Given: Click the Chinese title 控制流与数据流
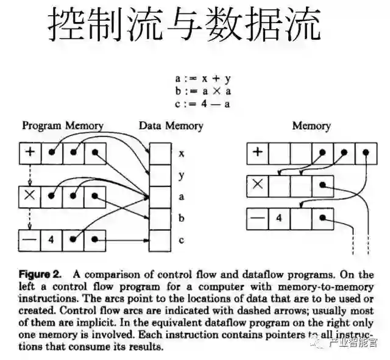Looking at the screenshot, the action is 183,26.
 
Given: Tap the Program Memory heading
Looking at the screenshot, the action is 63,125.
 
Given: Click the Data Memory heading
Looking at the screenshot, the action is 171,125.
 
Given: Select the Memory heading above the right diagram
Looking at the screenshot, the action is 311,125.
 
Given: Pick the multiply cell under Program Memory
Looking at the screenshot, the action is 30,196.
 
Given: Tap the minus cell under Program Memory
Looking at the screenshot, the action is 30,239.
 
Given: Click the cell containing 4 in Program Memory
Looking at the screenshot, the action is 51,239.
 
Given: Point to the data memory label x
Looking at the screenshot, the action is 181,154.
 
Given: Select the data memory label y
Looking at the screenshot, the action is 181,175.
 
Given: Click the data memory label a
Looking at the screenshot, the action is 181,197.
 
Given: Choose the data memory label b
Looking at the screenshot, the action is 181,218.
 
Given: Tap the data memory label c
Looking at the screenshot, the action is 181,240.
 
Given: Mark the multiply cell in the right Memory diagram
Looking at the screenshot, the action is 257,185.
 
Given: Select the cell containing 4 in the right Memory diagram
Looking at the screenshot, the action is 278,217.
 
